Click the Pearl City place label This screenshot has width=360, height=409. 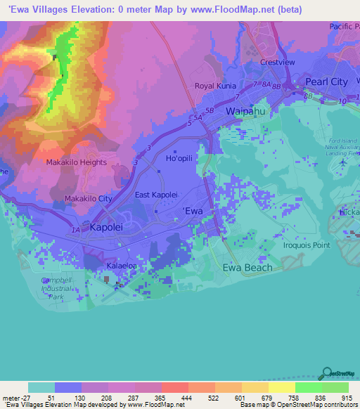point(327,82)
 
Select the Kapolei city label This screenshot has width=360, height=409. point(108,228)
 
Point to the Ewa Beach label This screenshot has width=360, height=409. point(247,268)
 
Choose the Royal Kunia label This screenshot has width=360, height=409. point(214,86)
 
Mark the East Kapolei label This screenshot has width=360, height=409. point(156,195)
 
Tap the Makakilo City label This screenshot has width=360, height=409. point(88,199)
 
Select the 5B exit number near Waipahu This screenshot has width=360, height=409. point(210,110)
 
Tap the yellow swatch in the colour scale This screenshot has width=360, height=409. point(281,387)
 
